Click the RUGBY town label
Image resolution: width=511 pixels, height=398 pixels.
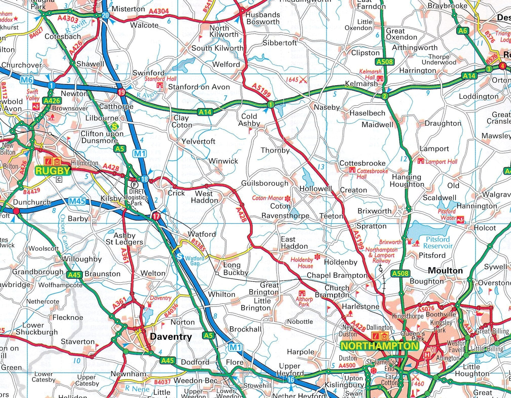[x=53, y=170]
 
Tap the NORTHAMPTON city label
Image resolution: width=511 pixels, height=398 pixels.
[x=379, y=346]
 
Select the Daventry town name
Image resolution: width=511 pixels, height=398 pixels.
[x=171, y=337]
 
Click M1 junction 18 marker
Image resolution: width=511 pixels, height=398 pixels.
[x=144, y=179]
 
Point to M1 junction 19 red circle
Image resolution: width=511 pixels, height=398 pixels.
[x=121, y=92]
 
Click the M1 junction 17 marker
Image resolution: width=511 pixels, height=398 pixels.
[x=156, y=216]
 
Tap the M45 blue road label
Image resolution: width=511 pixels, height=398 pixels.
[x=77, y=201]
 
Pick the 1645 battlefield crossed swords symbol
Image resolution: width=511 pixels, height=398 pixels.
[x=303, y=80]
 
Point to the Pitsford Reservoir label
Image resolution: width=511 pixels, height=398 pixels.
[x=438, y=242]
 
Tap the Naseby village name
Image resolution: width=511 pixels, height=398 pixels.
[x=327, y=107]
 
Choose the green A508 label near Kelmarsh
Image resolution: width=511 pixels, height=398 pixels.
[x=385, y=62]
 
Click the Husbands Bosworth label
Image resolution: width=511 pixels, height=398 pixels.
[x=263, y=18]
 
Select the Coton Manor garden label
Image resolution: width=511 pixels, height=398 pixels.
[x=268, y=198]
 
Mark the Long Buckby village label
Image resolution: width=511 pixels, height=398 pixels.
[x=236, y=269]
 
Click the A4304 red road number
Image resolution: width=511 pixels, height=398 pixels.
[x=159, y=11]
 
